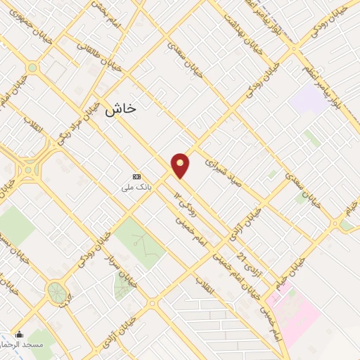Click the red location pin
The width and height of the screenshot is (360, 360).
[x=181, y=165]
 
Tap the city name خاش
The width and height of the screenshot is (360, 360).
[x=120, y=109]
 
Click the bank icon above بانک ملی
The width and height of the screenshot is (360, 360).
[x=136, y=176]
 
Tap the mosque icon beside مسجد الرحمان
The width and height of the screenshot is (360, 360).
[x=19, y=334]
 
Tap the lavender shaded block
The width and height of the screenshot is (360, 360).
[x=308, y=99]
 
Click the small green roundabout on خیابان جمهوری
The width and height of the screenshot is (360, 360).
[x=32, y=67]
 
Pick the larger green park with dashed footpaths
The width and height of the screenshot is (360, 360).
[x=141, y=242]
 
